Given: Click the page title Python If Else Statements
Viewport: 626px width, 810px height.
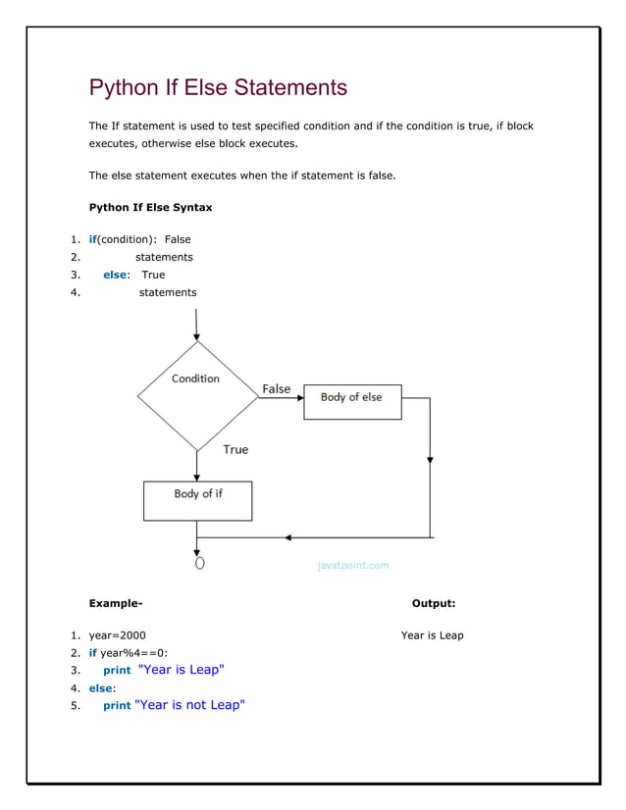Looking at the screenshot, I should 218,87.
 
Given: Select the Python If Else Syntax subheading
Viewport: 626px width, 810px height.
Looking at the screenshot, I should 150,208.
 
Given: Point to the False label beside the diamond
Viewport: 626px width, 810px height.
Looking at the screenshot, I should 277,389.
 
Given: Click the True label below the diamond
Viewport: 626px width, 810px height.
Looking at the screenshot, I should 235,449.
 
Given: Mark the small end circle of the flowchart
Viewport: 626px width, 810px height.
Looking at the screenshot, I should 199,564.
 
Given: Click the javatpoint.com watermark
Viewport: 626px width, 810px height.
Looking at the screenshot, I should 353,566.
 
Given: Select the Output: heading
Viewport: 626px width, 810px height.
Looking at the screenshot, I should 433,604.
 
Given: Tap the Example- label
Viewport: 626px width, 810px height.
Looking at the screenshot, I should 116,604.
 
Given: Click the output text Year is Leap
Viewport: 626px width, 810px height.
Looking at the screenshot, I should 432,635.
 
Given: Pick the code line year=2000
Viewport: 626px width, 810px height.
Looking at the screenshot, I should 117,635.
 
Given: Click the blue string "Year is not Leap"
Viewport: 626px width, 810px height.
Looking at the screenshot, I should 189,705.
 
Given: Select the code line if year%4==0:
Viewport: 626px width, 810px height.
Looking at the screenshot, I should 129,653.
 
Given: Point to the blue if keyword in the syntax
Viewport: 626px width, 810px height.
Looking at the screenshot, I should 93,239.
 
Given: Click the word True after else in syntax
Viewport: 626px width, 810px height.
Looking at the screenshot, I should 153,275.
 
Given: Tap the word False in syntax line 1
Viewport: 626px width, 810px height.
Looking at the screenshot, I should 178,239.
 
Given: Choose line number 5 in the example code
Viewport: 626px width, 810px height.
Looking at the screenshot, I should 75,706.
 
